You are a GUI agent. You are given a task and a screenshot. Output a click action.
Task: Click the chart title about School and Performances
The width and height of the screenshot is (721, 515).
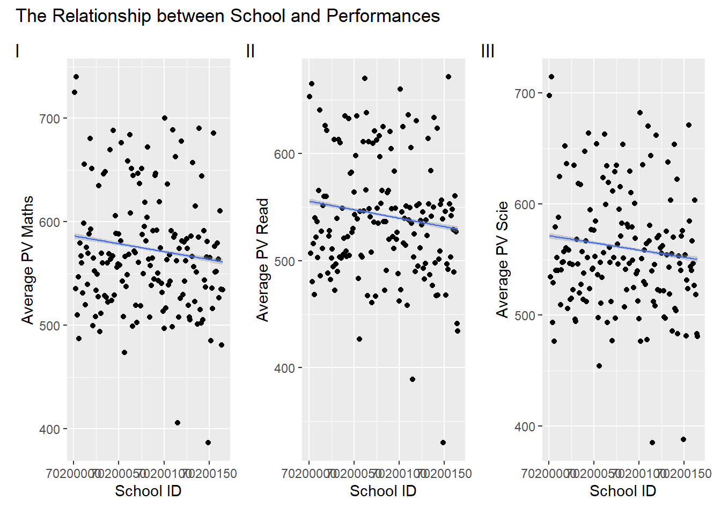[227, 16]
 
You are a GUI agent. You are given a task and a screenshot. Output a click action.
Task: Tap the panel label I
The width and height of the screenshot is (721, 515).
[17, 51]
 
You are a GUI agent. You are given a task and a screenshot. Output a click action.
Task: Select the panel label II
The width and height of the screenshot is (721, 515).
[250, 51]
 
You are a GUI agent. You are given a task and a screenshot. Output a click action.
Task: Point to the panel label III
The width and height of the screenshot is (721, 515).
[488, 51]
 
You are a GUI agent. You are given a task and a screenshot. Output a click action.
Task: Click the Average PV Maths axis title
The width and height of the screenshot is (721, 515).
[27, 260]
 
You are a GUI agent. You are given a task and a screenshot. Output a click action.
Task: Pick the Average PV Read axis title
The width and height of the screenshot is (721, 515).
[262, 260]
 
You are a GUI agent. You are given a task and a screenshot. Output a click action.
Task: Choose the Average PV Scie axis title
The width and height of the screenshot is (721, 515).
[502, 260]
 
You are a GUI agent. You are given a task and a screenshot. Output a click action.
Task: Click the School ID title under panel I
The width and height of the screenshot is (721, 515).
[148, 491]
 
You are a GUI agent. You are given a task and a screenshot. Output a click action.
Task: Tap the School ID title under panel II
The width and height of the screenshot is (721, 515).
[383, 491]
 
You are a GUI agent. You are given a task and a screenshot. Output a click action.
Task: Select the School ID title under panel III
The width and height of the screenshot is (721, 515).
[623, 491]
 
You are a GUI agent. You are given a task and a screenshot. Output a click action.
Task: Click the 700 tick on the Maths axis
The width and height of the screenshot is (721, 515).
[49, 119]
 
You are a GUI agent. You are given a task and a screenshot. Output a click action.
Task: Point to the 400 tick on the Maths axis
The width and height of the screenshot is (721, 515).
[49, 429]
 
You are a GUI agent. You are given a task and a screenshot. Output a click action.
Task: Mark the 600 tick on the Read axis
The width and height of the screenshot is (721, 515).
[284, 154]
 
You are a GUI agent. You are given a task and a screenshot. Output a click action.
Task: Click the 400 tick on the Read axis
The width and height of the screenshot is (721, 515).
[284, 368]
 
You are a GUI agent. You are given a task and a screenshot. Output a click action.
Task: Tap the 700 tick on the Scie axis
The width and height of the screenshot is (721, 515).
[524, 93]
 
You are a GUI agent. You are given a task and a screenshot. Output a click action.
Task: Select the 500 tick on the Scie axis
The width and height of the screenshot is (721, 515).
[524, 315]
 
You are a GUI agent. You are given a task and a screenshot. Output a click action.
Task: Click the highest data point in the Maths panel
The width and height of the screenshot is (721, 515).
[76, 77]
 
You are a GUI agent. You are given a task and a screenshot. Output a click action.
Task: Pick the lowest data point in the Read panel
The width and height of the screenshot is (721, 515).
[443, 443]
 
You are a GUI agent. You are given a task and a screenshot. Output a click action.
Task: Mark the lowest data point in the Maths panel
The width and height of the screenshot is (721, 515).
[208, 443]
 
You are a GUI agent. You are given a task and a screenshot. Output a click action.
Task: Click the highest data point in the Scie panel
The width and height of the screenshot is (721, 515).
[551, 77]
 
